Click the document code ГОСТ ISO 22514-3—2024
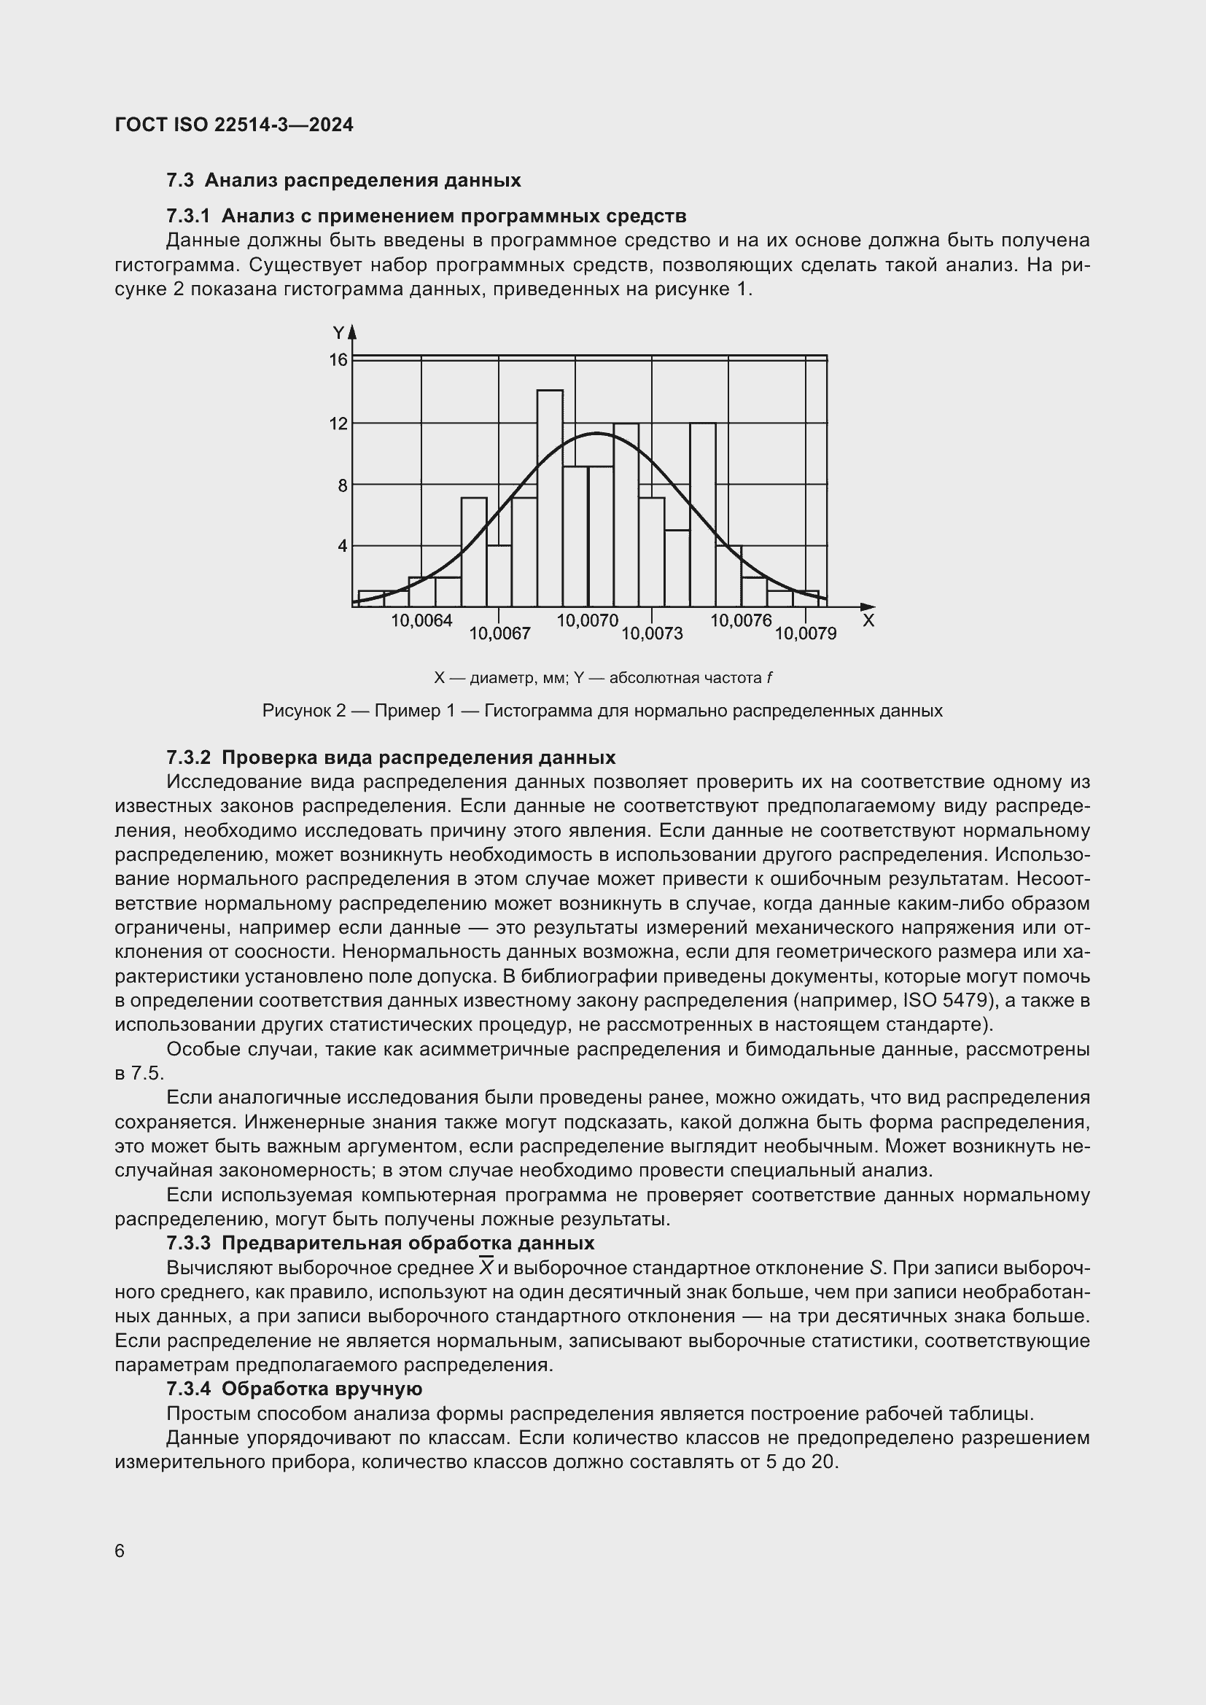click(234, 125)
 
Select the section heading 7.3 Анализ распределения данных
click(343, 181)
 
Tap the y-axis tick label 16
click(338, 360)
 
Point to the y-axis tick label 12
click(338, 424)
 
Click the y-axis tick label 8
click(341, 485)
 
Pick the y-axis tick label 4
click(341, 547)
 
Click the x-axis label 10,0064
click(421, 621)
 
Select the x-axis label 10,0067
click(499, 633)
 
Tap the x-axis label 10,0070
click(588, 621)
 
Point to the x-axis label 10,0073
click(652, 633)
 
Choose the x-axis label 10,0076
click(741, 621)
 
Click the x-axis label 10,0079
click(806, 633)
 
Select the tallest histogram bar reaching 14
click(550, 498)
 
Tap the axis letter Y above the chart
click(338, 332)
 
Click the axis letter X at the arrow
click(868, 621)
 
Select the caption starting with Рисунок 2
click(602, 711)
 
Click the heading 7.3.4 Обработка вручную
click(294, 1389)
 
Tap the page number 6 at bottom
click(120, 1550)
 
